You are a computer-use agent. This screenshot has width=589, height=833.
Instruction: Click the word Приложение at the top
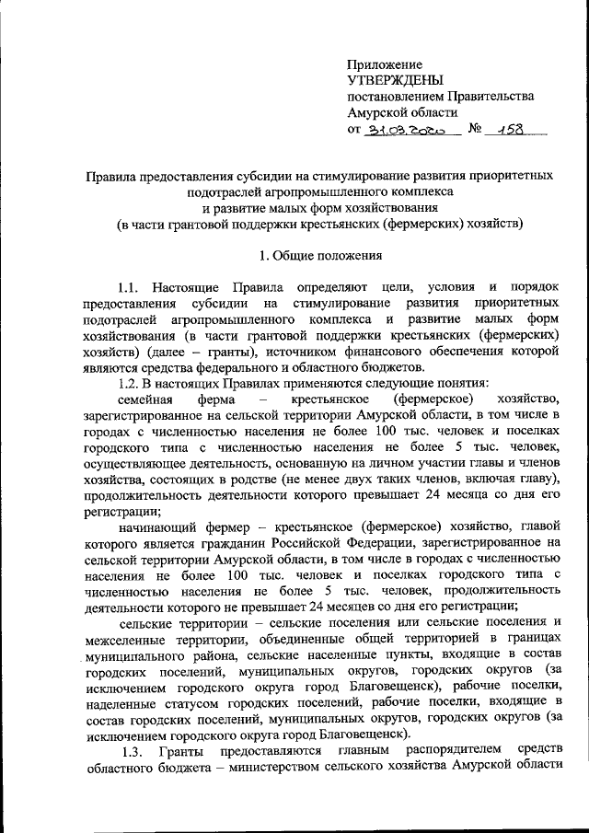coord(384,64)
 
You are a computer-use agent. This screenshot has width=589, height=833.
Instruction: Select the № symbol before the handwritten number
coord(476,130)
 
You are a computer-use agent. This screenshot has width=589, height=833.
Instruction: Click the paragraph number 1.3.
coord(133,752)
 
